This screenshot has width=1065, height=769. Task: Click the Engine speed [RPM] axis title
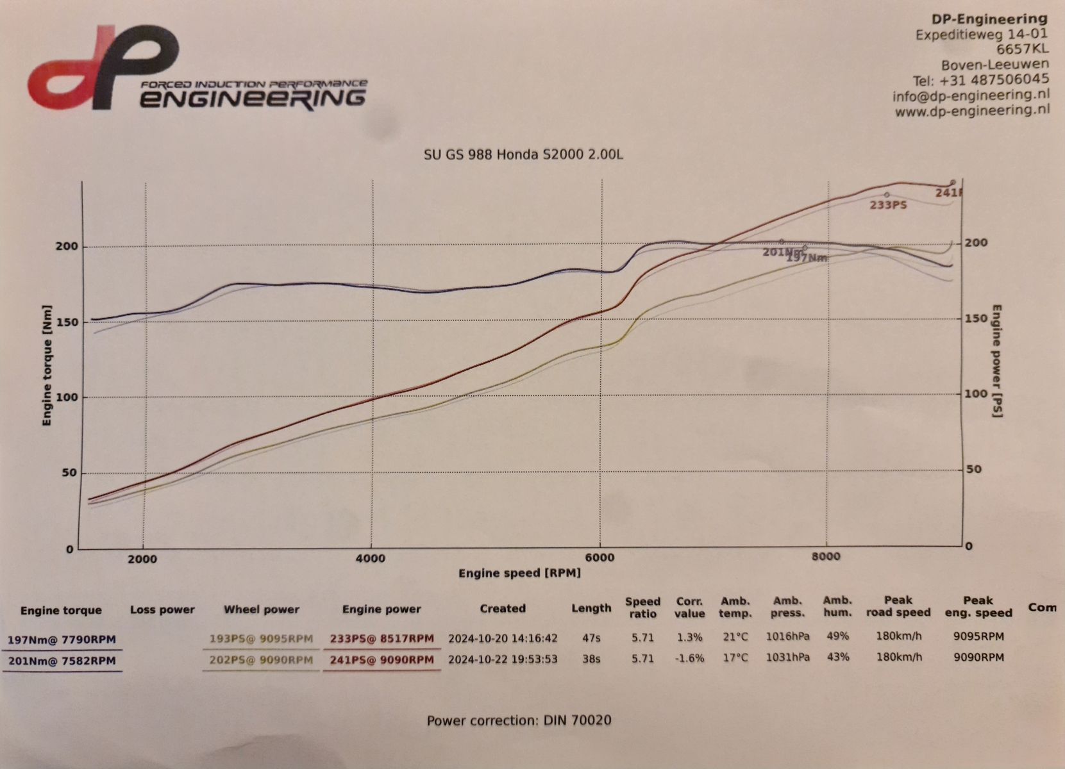point(519,573)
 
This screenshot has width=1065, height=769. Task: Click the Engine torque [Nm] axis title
point(47,373)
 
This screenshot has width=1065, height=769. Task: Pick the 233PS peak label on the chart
point(888,205)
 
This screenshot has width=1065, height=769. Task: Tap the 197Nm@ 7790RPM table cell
point(62,639)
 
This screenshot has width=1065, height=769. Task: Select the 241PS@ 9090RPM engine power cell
point(382,659)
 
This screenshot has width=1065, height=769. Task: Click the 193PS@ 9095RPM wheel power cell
point(261,638)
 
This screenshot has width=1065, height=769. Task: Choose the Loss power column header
point(162,609)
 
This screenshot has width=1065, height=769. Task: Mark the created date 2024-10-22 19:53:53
point(503,658)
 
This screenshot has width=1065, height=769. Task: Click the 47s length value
point(591,638)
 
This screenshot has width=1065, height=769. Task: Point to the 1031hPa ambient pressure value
point(787,657)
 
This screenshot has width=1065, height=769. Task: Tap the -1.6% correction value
point(689,658)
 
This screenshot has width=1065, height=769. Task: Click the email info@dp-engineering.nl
point(971,95)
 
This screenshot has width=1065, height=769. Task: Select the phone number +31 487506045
point(994,80)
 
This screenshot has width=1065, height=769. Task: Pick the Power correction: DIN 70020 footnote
point(519,720)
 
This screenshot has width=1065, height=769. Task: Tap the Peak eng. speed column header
point(978,606)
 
